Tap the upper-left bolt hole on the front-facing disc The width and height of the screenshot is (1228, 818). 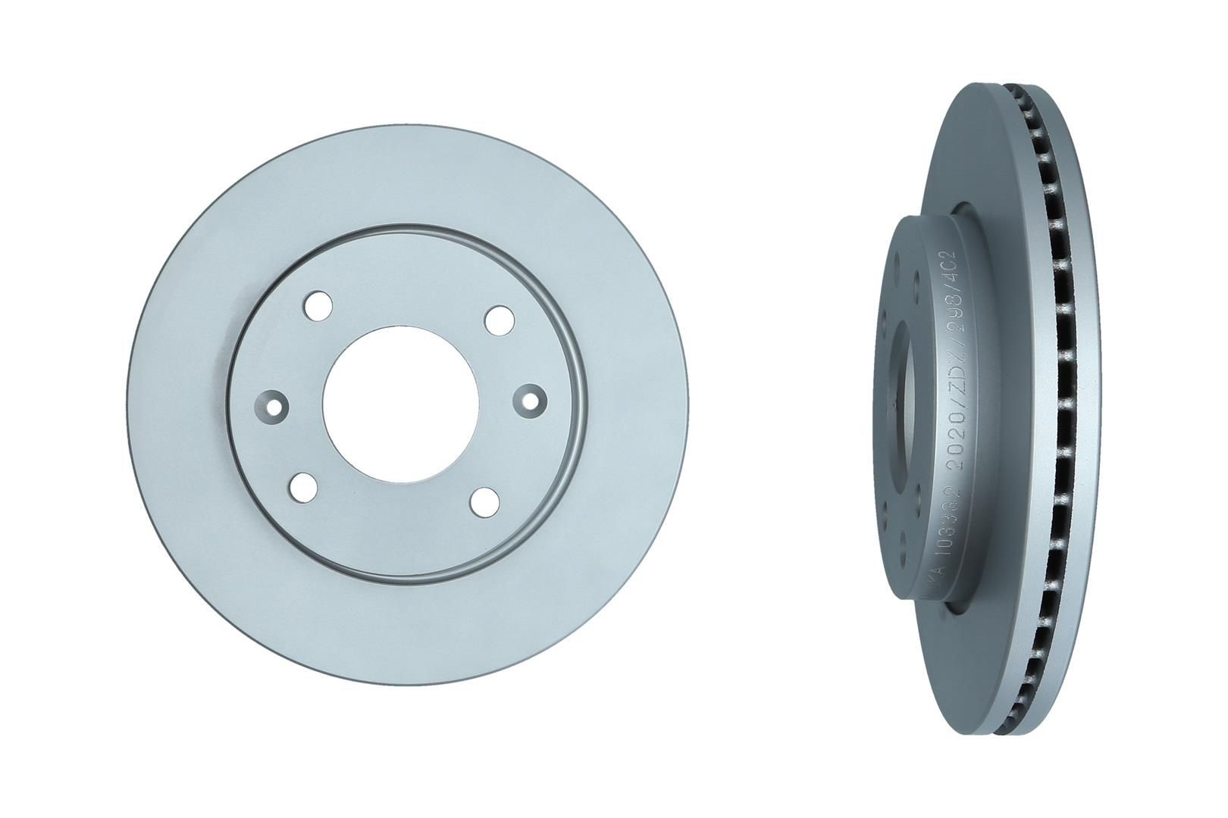click(318, 307)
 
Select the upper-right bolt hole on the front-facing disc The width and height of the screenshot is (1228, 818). click(499, 319)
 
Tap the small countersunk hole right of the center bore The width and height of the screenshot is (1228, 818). click(529, 400)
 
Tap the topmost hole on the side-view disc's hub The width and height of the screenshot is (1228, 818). click(897, 261)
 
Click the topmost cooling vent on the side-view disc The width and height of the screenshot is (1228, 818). click(1020, 98)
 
